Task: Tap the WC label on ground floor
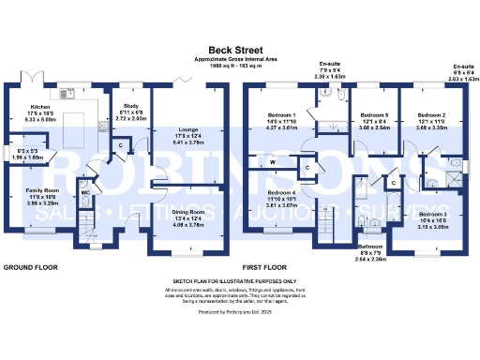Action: pos(85,193)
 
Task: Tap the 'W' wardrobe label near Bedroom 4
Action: pos(273,162)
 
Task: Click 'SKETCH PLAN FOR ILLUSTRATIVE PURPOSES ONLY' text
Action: pos(240,280)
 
